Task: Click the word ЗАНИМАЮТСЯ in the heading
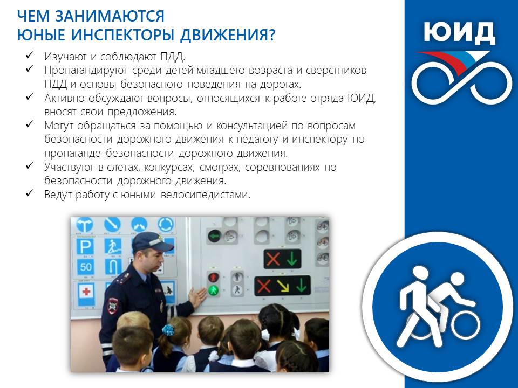click(x=110, y=16)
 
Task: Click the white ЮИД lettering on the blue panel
click(x=460, y=33)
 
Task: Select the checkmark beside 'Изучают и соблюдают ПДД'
click(x=29, y=55)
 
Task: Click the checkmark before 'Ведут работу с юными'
click(x=29, y=193)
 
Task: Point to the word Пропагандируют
click(x=86, y=71)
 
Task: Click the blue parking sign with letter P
click(x=85, y=247)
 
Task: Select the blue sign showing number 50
click(x=85, y=267)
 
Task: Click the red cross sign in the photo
click(x=86, y=292)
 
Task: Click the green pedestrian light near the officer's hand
click(x=214, y=290)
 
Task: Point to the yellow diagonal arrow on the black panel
click(x=282, y=286)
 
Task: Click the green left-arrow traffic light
click(x=215, y=236)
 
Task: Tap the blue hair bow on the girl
click(x=168, y=330)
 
